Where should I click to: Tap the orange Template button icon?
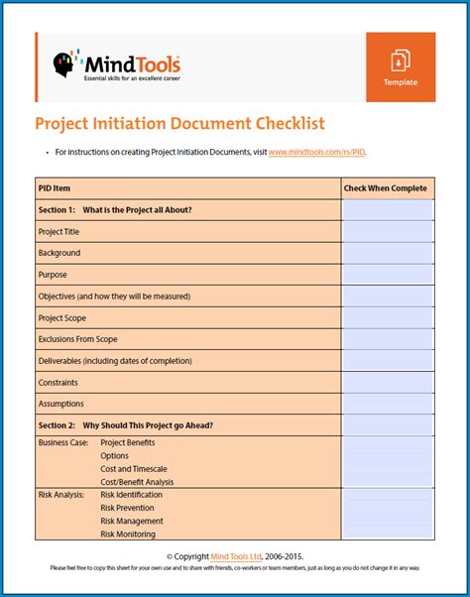click(x=400, y=60)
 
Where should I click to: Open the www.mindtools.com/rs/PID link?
click(x=323, y=152)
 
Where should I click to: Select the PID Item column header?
click(x=55, y=187)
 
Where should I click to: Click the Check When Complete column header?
click(x=386, y=187)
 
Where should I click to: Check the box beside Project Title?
click(x=387, y=231)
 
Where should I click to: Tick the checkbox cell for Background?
click(x=387, y=253)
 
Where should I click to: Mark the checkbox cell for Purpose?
click(x=387, y=275)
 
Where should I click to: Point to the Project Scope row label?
click(x=62, y=318)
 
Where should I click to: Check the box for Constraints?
click(x=387, y=383)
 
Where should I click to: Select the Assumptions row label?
click(x=61, y=404)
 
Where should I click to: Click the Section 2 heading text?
click(x=126, y=425)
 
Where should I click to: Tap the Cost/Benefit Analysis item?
click(x=137, y=481)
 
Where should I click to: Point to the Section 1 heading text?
click(x=115, y=209)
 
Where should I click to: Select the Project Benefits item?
click(x=128, y=442)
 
